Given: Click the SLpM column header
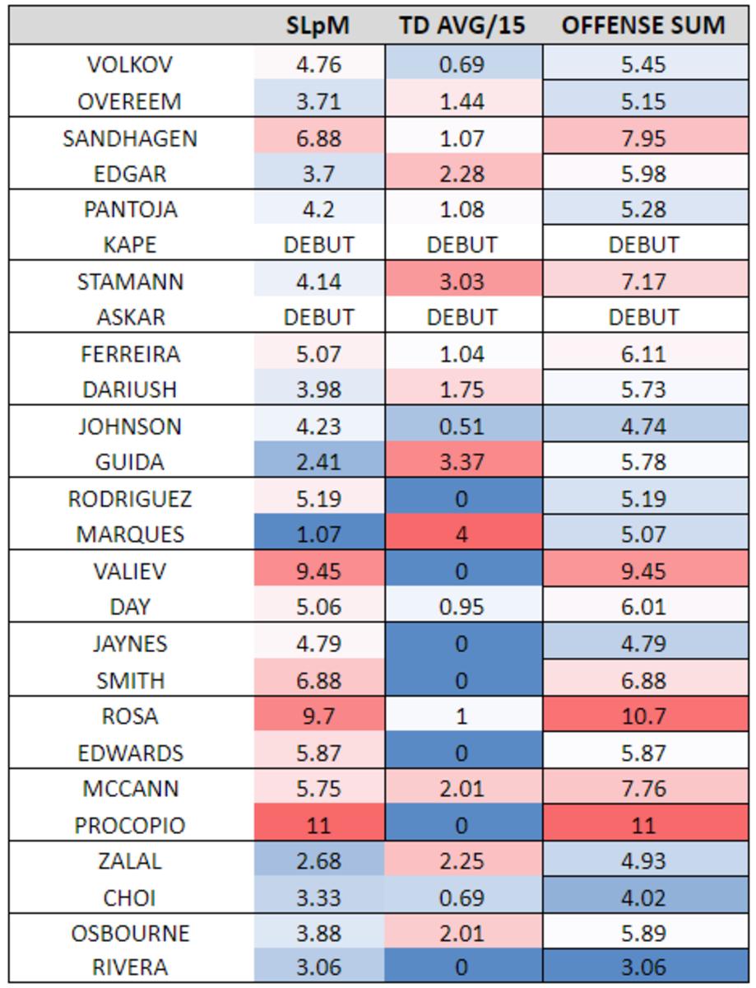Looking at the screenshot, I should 318,26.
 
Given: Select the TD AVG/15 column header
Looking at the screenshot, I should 461,26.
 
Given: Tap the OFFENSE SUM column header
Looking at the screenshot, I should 643,26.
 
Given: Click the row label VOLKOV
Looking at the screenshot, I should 130,64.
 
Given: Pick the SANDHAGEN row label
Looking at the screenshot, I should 130,137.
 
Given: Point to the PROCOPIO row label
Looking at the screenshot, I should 130,825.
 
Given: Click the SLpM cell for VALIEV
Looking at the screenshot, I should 318,571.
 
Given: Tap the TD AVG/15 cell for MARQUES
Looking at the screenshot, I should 461,534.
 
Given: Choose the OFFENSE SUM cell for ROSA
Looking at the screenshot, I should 643,716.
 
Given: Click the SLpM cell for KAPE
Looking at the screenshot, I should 318,245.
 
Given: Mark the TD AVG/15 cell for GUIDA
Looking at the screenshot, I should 461,462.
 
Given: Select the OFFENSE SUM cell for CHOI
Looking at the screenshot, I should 643,897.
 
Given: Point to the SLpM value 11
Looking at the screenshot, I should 318,825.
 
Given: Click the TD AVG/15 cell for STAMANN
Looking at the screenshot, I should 461,282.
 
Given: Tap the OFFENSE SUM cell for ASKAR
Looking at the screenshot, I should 643,317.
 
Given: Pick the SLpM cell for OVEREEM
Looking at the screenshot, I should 318,100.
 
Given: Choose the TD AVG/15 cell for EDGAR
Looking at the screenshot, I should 461,173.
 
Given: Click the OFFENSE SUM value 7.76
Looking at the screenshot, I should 643,789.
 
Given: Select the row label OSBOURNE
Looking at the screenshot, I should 130,933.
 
